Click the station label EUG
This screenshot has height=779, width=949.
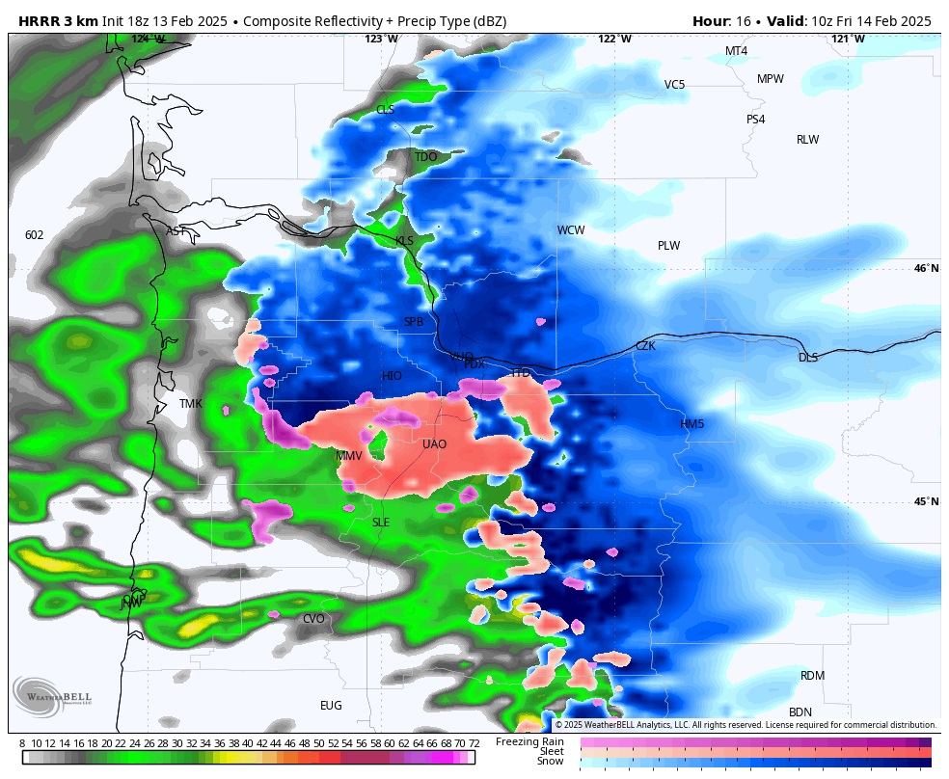click(x=331, y=706)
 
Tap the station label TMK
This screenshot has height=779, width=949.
click(x=191, y=404)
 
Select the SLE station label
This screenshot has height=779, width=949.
click(x=381, y=523)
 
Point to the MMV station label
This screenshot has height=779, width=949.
click(x=349, y=456)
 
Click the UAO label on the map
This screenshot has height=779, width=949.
click(x=434, y=444)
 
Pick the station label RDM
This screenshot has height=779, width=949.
click(x=812, y=676)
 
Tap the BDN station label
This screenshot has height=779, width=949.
click(x=800, y=712)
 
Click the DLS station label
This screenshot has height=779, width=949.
click(x=807, y=358)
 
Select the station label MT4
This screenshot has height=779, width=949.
click(x=736, y=51)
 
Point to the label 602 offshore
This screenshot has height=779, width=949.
click(x=35, y=235)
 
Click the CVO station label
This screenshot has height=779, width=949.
click(x=313, y=619)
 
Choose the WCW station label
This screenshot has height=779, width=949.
click(x=570, y=230)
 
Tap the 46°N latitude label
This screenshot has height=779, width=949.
click(x=926, y=269)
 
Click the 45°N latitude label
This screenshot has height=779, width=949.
click(x=926, y=501)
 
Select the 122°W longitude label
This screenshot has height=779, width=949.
click(x=614, y=39)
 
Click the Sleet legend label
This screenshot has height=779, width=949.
click(x=551, y=751)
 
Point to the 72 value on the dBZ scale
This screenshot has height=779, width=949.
click(x=474, y=743)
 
